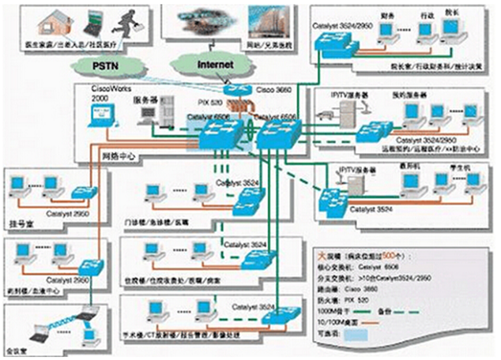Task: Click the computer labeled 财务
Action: tap(386, 31)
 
